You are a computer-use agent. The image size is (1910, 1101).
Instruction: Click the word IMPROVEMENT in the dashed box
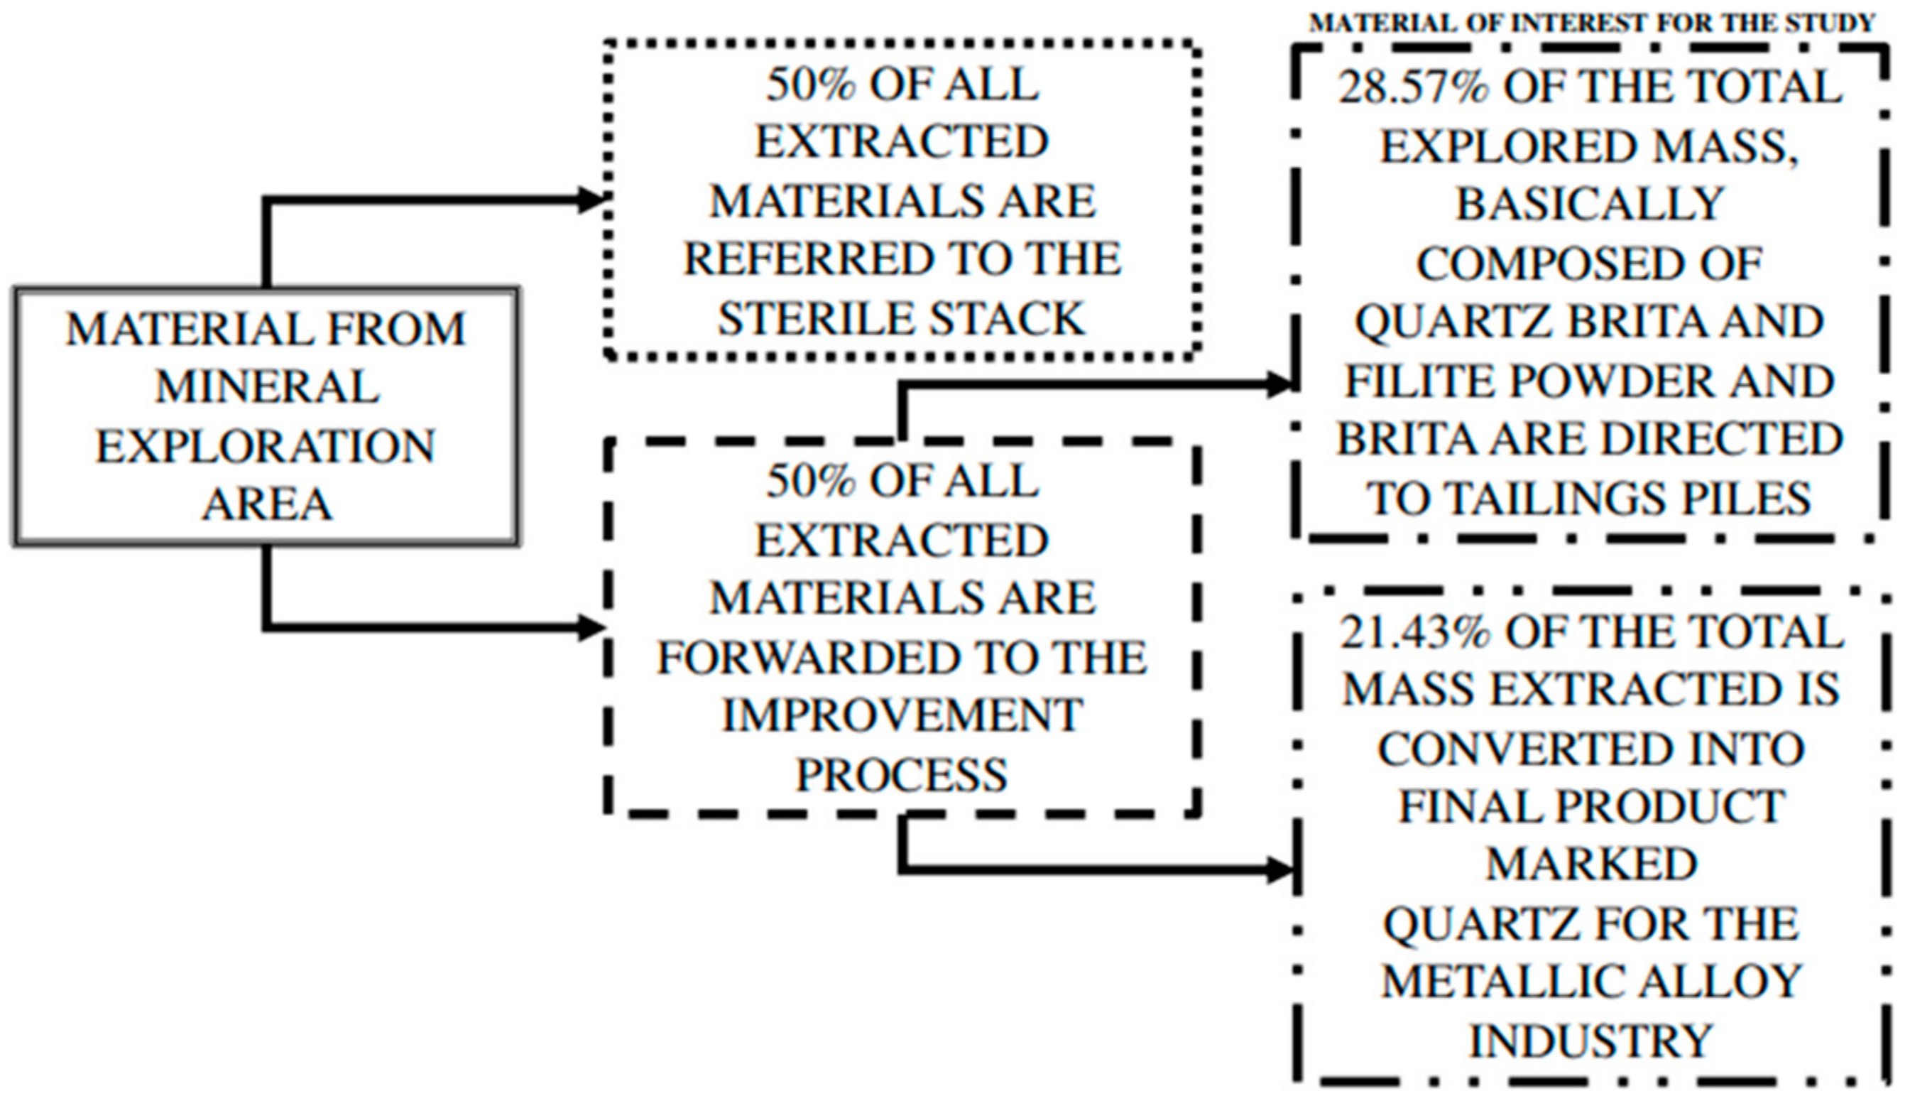(x=902, y=715)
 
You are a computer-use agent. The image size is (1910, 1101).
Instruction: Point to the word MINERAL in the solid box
(x=267, y=387)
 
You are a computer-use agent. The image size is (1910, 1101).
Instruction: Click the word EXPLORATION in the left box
(x=266, y=446)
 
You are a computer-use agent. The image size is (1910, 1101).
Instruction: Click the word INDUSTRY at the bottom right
(x=1591, y=1041)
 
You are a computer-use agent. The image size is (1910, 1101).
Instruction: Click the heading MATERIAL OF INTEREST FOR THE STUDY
(x=1592, y=23)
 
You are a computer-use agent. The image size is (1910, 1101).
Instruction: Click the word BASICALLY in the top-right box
(x=1589, y=205)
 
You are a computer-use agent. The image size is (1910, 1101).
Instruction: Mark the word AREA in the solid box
(x=267, y=505)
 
